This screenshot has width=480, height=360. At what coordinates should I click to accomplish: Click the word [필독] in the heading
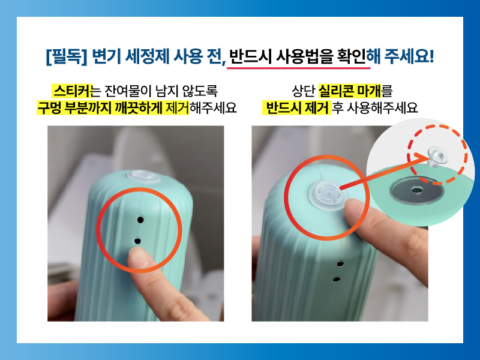[x=67, y=57]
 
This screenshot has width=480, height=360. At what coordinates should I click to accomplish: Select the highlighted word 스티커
[x=72, y=91]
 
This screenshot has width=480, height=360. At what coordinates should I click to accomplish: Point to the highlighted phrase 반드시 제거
[x=297, y=107]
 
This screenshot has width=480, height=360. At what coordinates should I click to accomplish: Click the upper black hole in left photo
[x=140, y=220]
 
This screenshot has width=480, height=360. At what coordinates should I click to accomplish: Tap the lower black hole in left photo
[x=137, y=241]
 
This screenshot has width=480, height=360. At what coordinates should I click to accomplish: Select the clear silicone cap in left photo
[x=143, y=176]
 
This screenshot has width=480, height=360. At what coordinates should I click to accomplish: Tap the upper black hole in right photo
[x=340, y=264]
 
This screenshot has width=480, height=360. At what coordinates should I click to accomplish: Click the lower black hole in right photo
[x=337, y=279]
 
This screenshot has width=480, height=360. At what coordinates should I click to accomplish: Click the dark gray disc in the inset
[x=416, y=190]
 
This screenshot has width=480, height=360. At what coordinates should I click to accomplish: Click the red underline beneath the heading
[x=298, y=67]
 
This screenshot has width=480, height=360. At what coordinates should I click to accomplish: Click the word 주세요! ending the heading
[x=409, y=56]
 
